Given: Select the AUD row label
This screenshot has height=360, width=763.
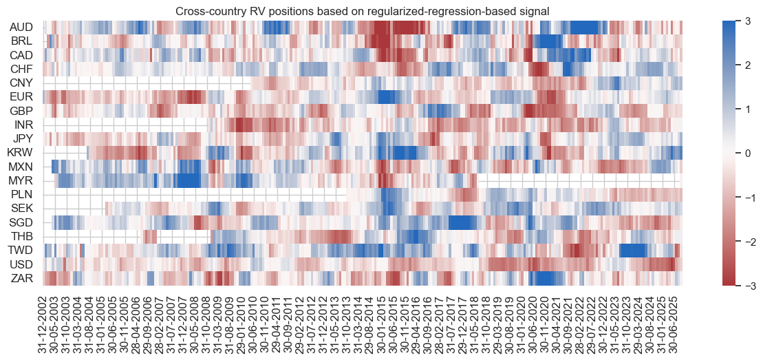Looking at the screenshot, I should pyautogui.click(x=25, y=28).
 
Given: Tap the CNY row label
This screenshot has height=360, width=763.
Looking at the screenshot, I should pyautogui.click(x=25, y=83).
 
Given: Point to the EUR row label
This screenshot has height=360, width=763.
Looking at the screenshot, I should pyautogui.click(x=25, y=97).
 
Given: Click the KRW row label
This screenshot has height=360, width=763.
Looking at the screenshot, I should pyautogui.click(x=25, y=153).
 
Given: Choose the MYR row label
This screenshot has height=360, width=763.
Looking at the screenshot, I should pyautogui.click(x=25, y=180).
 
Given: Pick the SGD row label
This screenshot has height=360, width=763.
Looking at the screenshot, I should pyautogui.click(x=25, y=222).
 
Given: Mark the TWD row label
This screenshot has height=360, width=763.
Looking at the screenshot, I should pyautogui.click(x=25, y=250).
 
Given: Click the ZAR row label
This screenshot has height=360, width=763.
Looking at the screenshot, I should pyautogui.click(x=25, y=277).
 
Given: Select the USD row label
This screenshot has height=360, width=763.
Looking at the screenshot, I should pyautogui.click(x=25, y=264).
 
